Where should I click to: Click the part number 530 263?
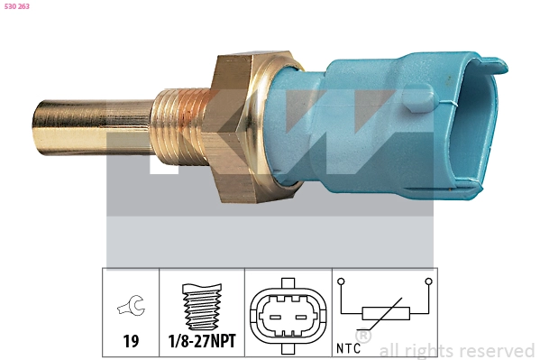(x=17, y=6)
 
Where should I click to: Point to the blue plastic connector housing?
(x=386, y=125)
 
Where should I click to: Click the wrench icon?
(x=132, y=305)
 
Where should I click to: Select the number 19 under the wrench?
(x=131, y=341)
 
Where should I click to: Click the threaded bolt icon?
(x=202, y=307)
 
